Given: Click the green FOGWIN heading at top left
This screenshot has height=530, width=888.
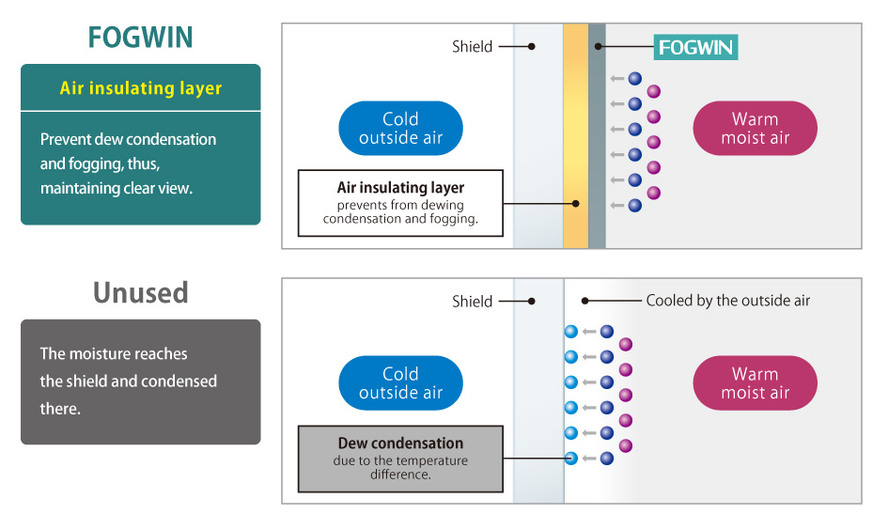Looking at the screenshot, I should pyautogui.click(x=140, y=38).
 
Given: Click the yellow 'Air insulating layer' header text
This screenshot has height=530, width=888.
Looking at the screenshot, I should pyautogui.click(x=141, y=88).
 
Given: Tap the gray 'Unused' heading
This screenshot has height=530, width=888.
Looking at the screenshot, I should pyautogui.click(x=140, y=292).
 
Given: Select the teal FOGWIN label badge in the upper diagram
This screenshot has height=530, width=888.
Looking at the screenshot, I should pyautogui.click(x=696, y=47).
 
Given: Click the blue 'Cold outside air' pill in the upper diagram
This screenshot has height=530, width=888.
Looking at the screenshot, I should pyautogui.click(x=400, y=129).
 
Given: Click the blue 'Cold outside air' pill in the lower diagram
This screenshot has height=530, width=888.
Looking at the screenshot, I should pyautogui.click(x=400, y=383).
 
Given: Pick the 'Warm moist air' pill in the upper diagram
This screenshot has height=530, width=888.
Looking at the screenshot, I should pyautogui.click(x=755, y=129).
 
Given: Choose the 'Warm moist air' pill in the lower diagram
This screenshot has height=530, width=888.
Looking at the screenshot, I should pyautogui.click(x=755, y=383).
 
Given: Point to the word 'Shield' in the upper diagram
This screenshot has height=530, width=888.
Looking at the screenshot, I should pyautogui.click(x=472, y=46).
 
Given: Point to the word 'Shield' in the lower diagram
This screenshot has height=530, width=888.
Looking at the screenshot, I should pyautogui.click(x=472, y=302).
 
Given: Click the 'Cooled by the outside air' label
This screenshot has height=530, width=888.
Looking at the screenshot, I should pyautogui.click(x=727, y=301).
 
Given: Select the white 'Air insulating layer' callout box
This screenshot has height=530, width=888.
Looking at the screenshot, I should pyautogui.click(x=400, y=202).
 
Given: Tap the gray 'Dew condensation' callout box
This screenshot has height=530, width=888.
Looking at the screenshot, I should pyautogui.click(x=400, y=459).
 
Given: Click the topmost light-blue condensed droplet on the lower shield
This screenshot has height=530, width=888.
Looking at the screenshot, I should pyautogui.click(x=570, y=331).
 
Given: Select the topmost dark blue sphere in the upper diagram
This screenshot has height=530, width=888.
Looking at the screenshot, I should pyautogui.click(x=635, y=79).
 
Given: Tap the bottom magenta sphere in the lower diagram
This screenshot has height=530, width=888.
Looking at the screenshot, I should pyautogui.click(x=626, y=445).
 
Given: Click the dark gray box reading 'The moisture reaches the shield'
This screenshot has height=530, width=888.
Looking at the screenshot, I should pyautogui.click(x=140, y=382).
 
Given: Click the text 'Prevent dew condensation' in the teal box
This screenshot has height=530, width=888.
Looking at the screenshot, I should pyautogui.click(x=128, y=139).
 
